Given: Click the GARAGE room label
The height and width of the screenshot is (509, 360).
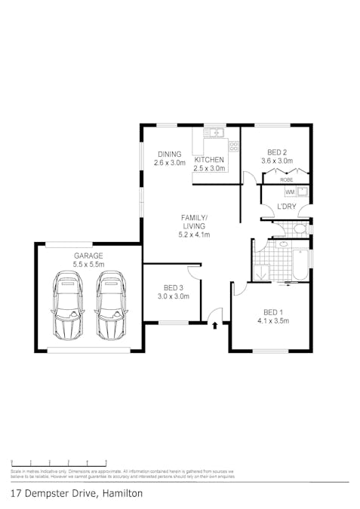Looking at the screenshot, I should pos(88,255).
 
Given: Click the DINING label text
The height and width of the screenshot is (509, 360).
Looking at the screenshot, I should pos(169,154).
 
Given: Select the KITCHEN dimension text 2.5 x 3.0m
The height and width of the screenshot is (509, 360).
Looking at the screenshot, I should pos(209,169).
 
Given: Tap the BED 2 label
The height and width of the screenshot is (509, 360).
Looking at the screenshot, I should pos(275,152).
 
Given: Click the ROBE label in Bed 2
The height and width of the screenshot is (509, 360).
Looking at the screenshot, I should pos(286,180).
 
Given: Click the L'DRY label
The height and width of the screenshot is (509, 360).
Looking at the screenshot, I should pos(286,206).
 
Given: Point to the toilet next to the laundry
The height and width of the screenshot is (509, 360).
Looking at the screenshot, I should pos(300,228).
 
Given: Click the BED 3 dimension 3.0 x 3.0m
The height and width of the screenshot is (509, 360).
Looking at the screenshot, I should pos(172,296).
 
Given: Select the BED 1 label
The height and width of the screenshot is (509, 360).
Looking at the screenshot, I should pos(272,312).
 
